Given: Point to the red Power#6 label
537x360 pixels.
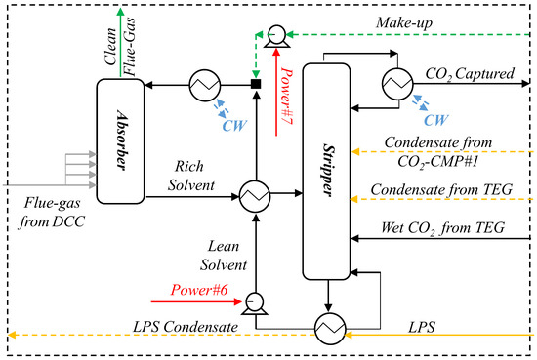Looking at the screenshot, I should point(199,290).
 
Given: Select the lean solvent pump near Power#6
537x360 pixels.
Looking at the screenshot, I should point(255,301).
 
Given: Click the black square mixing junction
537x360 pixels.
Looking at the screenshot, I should point(256,86).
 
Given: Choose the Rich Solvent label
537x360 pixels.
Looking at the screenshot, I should point(188,175).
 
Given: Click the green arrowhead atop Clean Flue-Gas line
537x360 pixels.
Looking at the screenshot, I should point(120,12).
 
